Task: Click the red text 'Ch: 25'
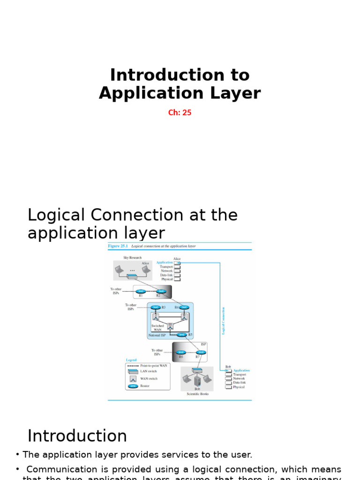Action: (180, 112)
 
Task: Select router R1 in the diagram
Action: (140, 292)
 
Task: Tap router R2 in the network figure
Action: (161, 292)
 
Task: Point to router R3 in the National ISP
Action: (155, 307)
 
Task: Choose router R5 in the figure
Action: (181, 335)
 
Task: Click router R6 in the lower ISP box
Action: (181, 352)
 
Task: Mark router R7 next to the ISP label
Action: (201, 352)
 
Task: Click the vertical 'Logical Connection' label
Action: (224, 321)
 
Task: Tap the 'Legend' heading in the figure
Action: (131, 360)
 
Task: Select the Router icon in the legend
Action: (133, 386)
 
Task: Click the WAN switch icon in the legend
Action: (133, 378)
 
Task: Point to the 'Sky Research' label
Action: (132, 258)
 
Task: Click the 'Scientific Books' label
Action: (197, 394)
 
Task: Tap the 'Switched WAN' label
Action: (157, 328)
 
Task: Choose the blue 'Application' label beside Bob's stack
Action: (241, 370)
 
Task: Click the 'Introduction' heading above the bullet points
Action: (77, 436)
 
